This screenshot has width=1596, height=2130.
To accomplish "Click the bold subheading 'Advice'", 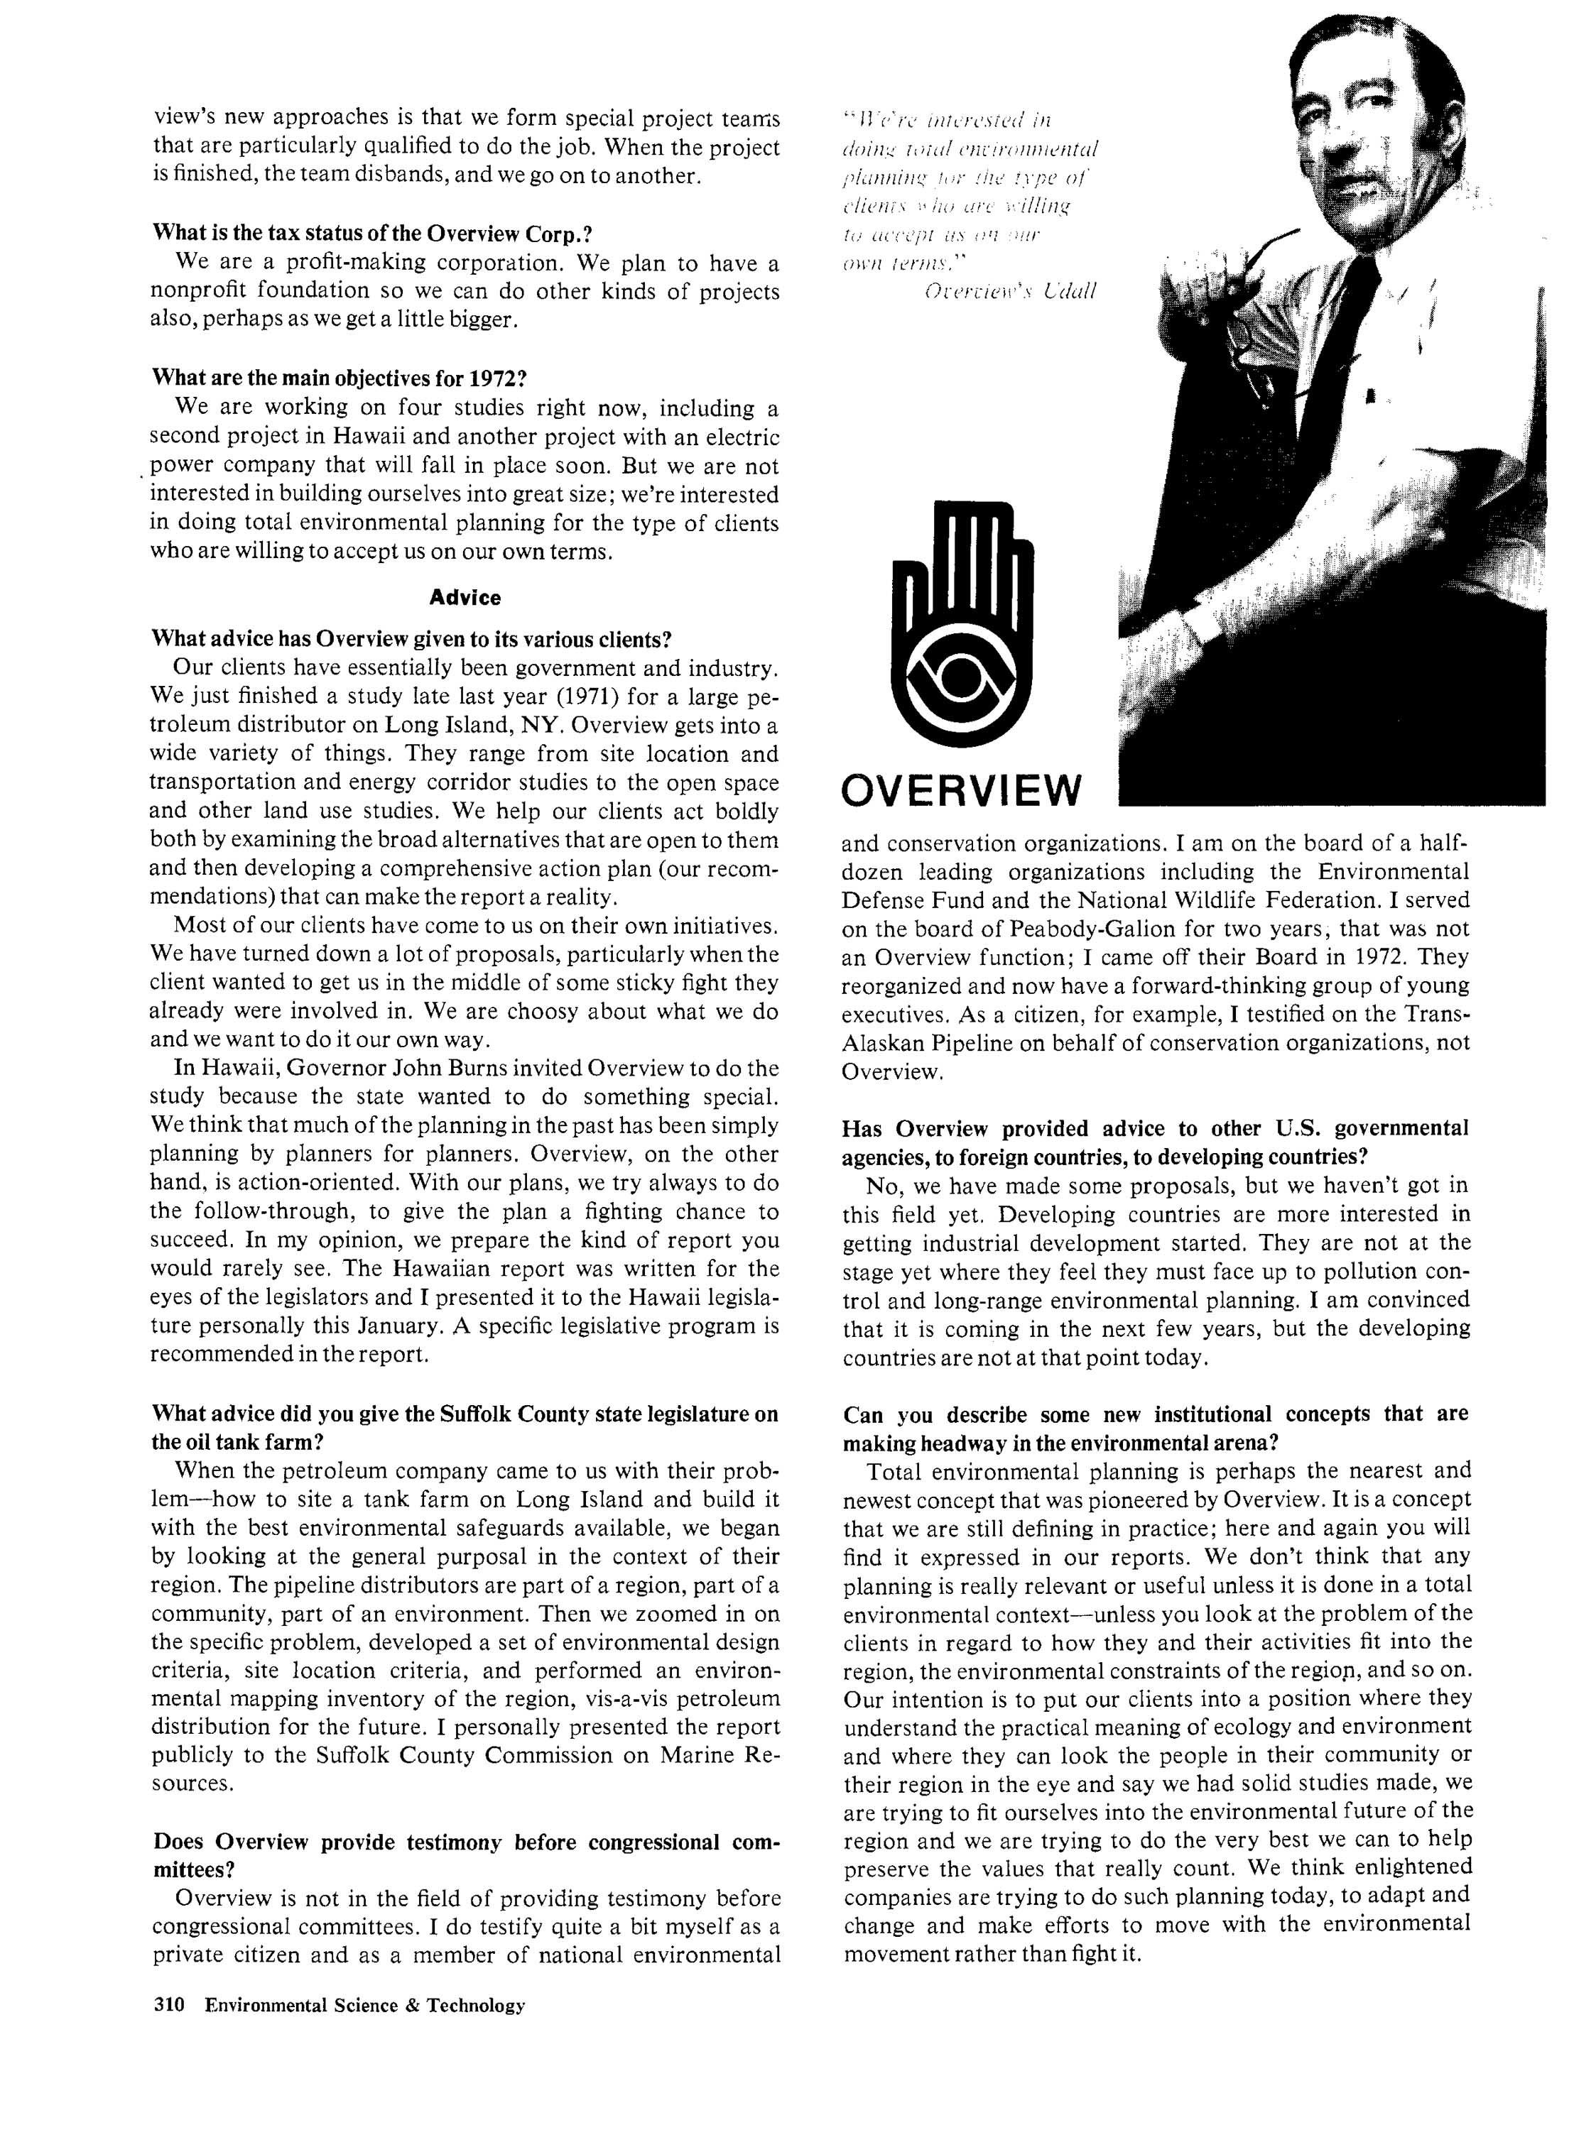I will (465, 598).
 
